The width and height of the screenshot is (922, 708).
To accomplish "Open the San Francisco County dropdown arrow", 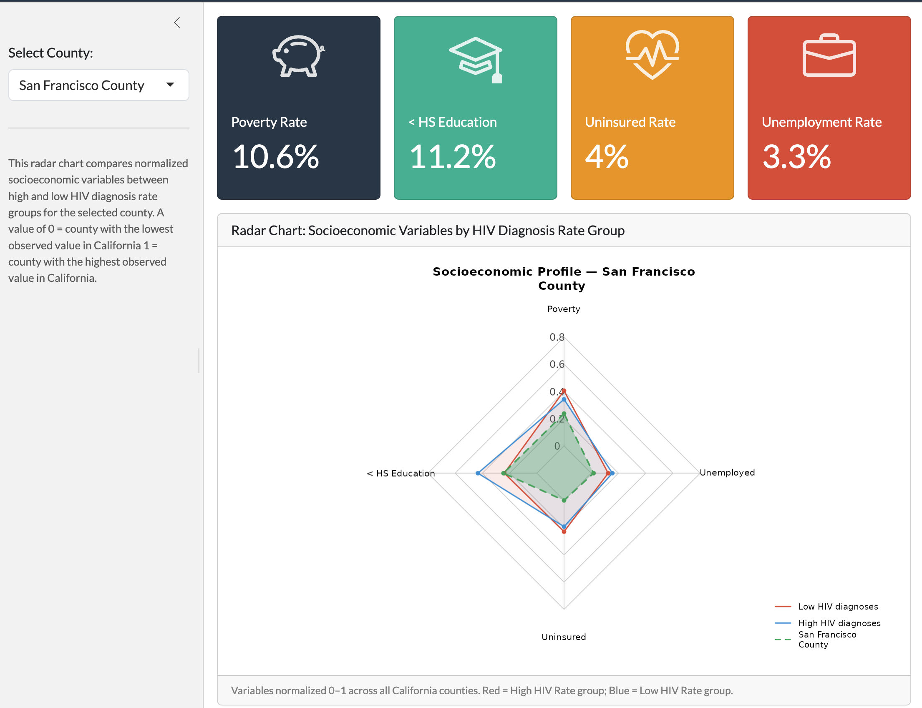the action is [x=170, y=85].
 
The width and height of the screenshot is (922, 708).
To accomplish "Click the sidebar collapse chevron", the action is [x=177, y=23].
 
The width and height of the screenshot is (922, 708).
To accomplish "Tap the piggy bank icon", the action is [x=298, y=56].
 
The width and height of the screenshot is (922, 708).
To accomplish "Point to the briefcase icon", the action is [x=829, y=55].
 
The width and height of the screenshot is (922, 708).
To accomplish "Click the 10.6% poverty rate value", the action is [x=276, y=157].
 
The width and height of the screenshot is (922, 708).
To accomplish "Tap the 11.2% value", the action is [x=452, y=157].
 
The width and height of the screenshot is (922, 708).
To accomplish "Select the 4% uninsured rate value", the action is [x=607, y=157].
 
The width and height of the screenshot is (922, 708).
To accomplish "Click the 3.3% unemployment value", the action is [x=796, y=157].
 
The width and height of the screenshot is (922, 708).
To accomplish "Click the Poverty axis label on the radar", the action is [x=564, y=309].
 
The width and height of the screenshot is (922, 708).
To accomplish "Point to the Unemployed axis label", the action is [x=727, y=472].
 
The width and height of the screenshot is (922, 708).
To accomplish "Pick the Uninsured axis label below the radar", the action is [x=564, y=637].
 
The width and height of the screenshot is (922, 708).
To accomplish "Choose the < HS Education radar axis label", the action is [x=401, y=473].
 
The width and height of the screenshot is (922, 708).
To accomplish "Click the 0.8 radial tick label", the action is [x=557, y=337].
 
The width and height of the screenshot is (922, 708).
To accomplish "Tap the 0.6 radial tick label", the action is [x=557, y=364].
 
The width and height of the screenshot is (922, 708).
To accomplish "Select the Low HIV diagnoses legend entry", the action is [x=826, y=606].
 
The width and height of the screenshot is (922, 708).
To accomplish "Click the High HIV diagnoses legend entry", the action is [x=828, y=623].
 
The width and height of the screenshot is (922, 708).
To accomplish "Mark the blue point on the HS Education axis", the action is [x=478, y=473].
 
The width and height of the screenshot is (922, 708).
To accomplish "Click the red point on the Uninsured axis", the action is [x=564, y=532].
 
